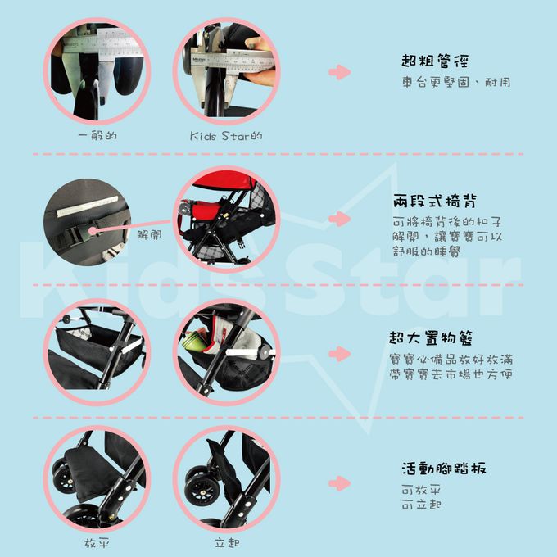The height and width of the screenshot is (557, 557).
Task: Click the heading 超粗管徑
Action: point(435,61)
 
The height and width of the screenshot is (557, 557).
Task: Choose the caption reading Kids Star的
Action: point(226,136)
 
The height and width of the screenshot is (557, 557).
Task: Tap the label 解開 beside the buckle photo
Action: point(149,233)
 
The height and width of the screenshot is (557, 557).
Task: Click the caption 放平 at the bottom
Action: point(97,543)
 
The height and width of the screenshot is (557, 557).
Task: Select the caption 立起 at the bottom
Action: point(226,543)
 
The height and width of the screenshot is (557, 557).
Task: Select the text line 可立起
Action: point(422,504)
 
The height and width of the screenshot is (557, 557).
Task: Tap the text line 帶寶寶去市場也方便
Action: point(451,374)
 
